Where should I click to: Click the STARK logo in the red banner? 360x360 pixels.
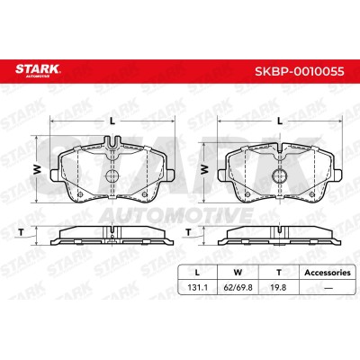pyautogui.click(x=38, y=70)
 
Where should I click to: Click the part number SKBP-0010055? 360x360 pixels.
pyautogui.click(x=300, y=72)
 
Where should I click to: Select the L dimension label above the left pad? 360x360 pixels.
pyautogui.click(x=112, y=121)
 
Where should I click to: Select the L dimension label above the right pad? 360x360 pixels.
pyautogui.click(x=280, y=121)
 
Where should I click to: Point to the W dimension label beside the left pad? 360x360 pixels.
pyautogui.click(x=37, y=170)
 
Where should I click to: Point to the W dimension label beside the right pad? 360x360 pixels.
pyautogui.click(x=204, y=170)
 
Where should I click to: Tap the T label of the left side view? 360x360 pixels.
pyautogui.click(x=22, y=232)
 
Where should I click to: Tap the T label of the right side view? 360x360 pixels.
pyautogui.click(x=188, y=232)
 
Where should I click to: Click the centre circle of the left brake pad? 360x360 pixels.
pyautogui.click(x=112, y=175)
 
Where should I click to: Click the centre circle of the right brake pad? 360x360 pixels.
pyautogui.click(x=280, y=175)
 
